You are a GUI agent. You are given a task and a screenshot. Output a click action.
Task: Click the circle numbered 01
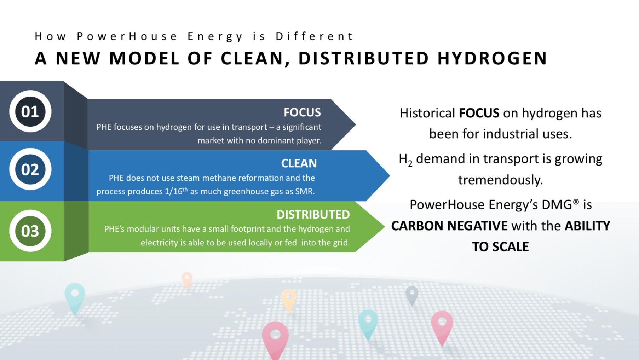coord(30,111)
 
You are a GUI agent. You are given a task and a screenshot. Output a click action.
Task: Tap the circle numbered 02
coord(30,169)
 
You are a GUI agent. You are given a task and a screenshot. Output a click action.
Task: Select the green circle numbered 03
coord(30,231)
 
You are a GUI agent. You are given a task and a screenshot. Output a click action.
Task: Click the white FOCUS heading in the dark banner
coord(302,112)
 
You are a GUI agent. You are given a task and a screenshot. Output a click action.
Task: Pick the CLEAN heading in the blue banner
coord(299,163)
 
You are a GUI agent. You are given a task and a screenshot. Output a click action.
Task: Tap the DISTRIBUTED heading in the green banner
coord(313,215)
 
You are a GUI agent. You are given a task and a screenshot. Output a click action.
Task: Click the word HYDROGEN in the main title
coord(492,58)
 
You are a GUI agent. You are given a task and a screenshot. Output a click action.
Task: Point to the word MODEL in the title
coord(144,58)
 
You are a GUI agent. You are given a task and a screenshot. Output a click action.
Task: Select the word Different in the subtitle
coord(314,36)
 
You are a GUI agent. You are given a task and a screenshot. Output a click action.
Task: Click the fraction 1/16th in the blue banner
coord(176,191)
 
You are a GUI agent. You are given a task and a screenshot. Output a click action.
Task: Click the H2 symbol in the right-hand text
coord(405,159)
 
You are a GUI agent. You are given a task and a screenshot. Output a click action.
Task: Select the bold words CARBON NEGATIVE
coord(449,226)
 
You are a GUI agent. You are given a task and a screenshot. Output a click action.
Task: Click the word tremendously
coord(500,180)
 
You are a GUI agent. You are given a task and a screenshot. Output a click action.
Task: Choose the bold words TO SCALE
coord(500,247)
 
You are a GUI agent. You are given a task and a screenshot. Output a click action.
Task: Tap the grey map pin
coord(412,294)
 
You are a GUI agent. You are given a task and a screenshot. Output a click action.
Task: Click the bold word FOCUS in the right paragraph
coord(479,113)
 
